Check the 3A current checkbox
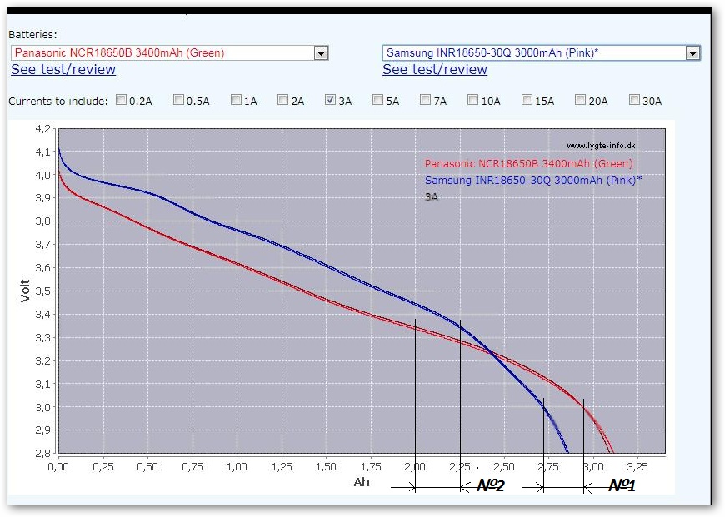[330, 101]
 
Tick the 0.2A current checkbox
[122, 101]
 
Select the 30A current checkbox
[634, 101]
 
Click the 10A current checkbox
[473, 101]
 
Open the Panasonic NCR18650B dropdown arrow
[321, 53]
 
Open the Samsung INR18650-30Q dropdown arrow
[692, 53]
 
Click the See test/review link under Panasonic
[63, 70]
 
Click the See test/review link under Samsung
[435, 70]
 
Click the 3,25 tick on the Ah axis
[637, 467]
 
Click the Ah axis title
[361, 482]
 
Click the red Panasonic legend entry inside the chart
[528, 164]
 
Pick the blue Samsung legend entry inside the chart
[533, 181]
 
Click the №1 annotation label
[622, 485]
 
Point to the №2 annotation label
[491, 485]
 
